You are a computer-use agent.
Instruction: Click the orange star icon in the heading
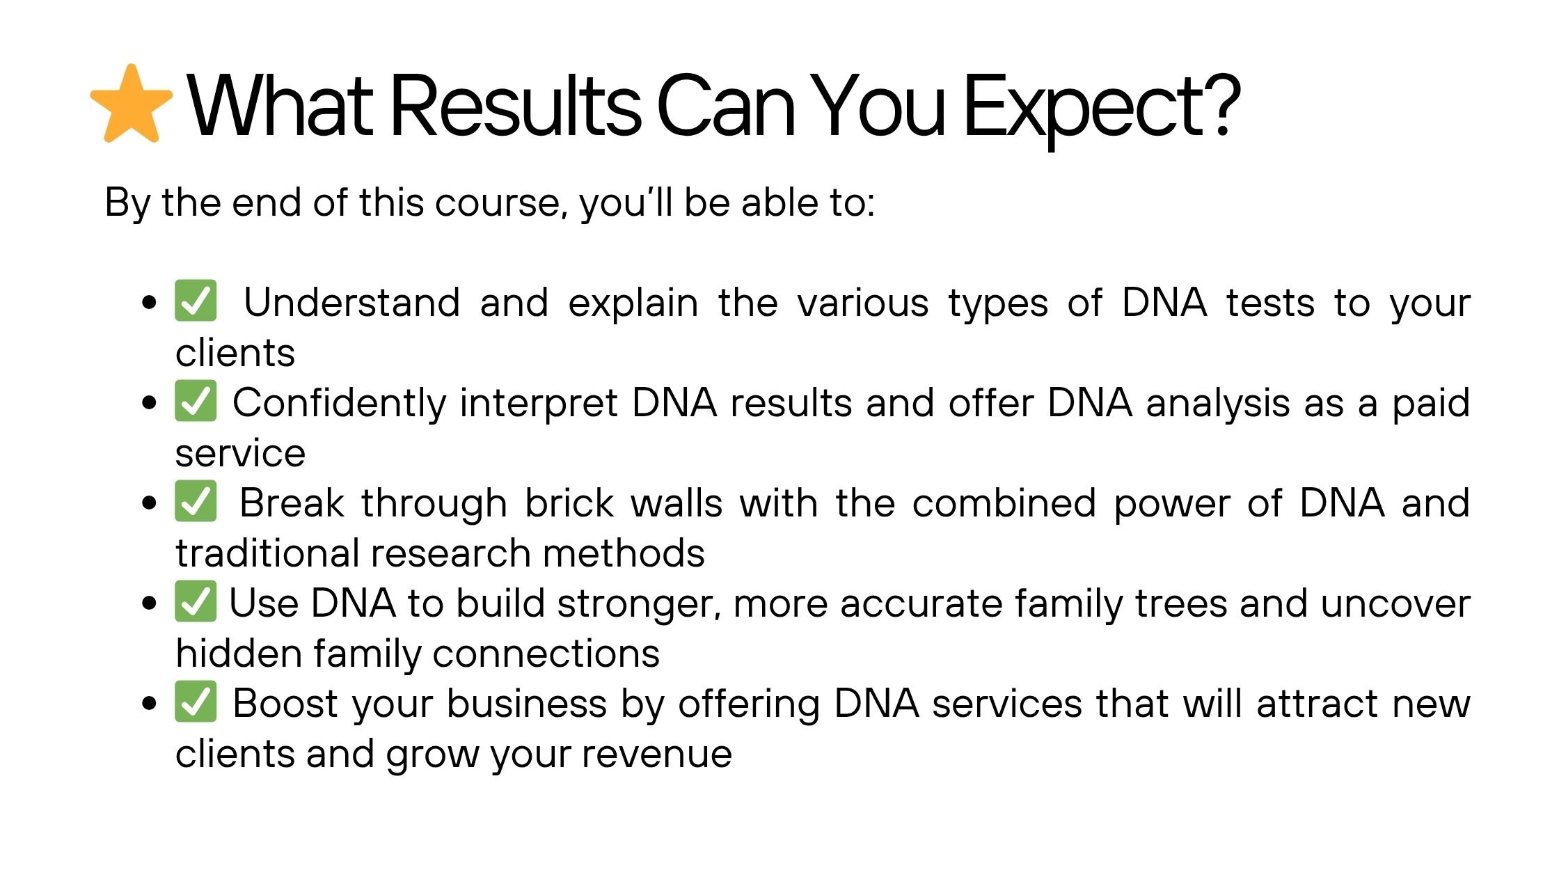point(132,104)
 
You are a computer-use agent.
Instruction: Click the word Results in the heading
point(516,106)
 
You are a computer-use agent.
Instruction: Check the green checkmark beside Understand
point(196,301)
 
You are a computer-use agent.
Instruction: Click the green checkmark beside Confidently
point(196,401)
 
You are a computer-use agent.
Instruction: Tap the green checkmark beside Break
point(196,501)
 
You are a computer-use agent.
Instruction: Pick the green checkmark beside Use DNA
point(196,601)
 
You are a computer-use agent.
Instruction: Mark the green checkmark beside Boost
point(196,702)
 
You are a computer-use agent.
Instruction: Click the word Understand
point(352,303)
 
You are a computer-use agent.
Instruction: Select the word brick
point(569,503)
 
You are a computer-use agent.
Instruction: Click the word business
point(527,704)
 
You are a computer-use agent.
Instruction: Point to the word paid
point(1430,404)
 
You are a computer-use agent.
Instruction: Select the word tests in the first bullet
point(1270,304)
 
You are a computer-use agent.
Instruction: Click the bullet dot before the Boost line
point(149,703)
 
